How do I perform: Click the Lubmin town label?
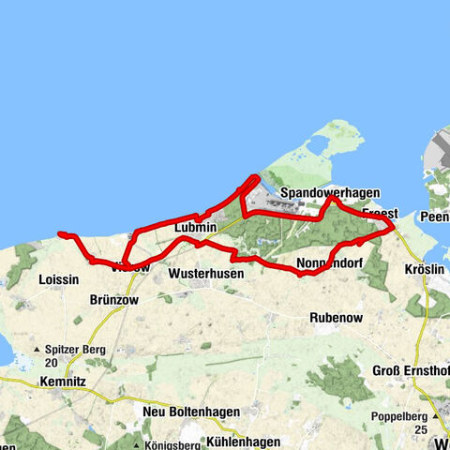195,228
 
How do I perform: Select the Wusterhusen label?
206,274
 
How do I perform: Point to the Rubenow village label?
335,317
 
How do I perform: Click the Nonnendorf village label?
328,262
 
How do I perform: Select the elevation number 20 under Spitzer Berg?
51,363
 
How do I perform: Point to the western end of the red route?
59,232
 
